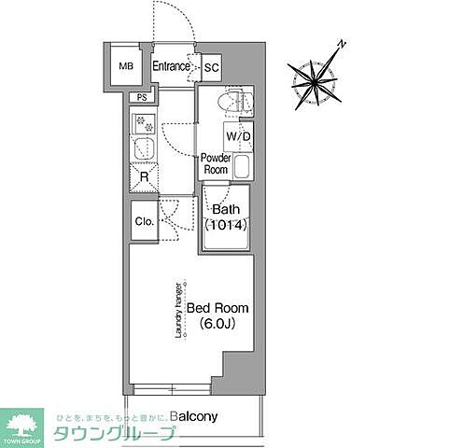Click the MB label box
click(124, 68)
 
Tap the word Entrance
click(172, 65)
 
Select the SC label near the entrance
click(211, 67)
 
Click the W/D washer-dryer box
click(238, 136)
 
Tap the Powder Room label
click(216, 164)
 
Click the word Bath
click(225, 208)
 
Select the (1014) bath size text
click(225, 225)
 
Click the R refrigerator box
click(145, 175)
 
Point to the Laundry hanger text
click(177, 308)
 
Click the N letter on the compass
click(344, 44)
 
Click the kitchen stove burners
click(144, 121)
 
